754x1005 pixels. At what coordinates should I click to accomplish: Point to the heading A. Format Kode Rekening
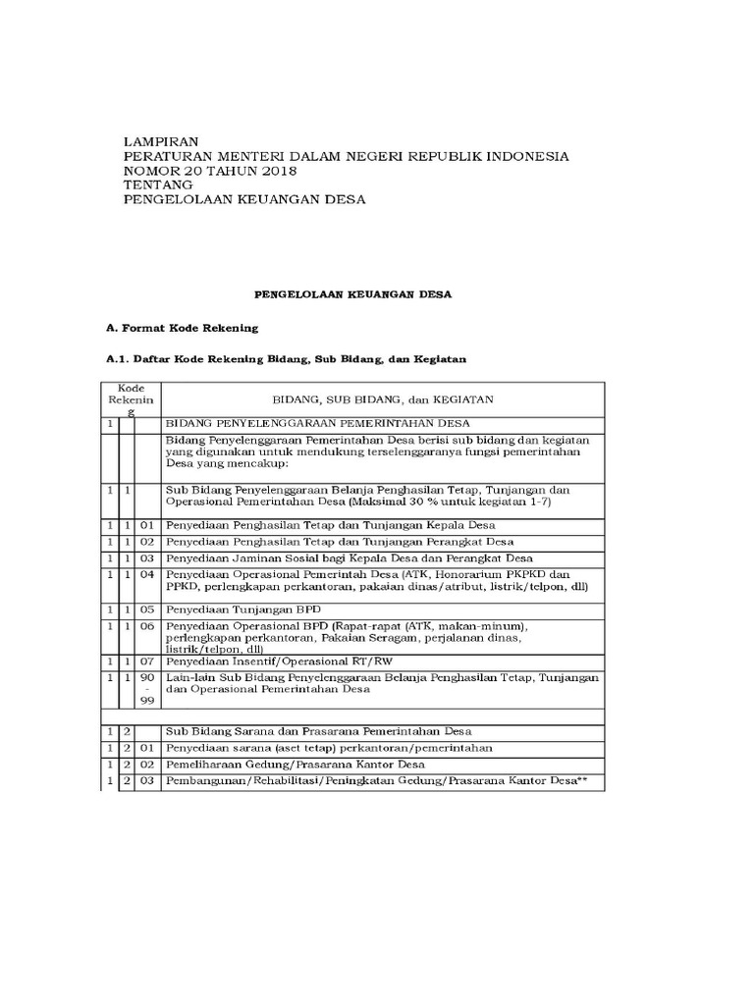click(181, 327)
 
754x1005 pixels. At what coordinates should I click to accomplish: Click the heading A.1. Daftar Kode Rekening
click(286, 360)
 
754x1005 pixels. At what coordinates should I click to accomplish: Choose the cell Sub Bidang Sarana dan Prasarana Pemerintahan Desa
click(319, 731)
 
